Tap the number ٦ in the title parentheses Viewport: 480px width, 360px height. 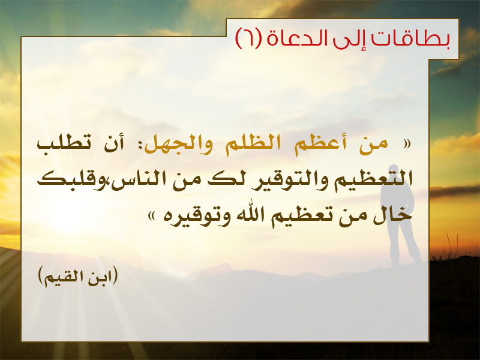(249, 38)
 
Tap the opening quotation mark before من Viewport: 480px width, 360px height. (407, 144)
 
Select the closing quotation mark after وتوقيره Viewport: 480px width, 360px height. (152, 217)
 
